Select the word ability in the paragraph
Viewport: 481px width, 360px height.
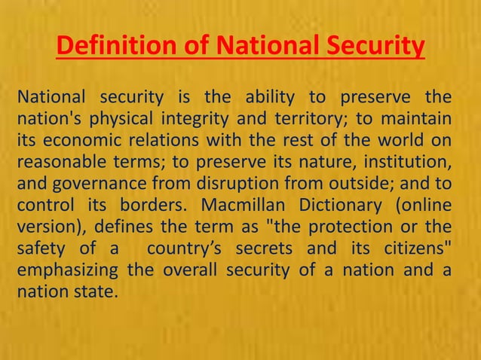265,98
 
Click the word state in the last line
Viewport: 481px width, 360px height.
96,289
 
